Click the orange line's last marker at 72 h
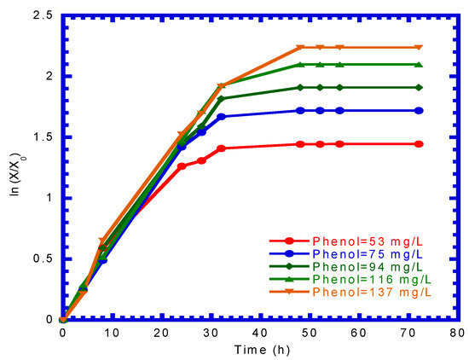point(418,48)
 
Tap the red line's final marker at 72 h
point(418,144)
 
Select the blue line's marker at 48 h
point(299,111)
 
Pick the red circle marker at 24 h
point(182,166)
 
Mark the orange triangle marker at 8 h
point(102,241)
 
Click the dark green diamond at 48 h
point(299,88)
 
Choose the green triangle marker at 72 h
point(418,65)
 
